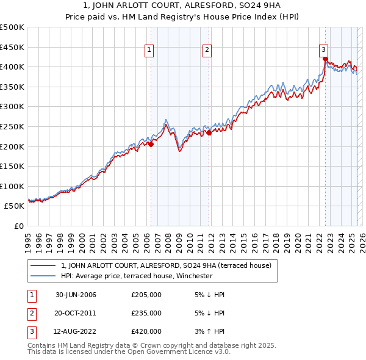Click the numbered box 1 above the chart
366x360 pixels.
point(149,51)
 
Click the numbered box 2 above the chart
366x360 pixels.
point(207,51)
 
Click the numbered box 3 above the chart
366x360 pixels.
point(323,51)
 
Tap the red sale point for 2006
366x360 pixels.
point(151,144)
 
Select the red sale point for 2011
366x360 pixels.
point(209,132)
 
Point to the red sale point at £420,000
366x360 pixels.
point(325,59)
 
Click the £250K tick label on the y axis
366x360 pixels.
point(12,126)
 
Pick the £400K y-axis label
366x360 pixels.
point(12,67)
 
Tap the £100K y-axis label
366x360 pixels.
point(12,186)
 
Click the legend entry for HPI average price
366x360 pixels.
point(136,276)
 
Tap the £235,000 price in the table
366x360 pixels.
point(146,313)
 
